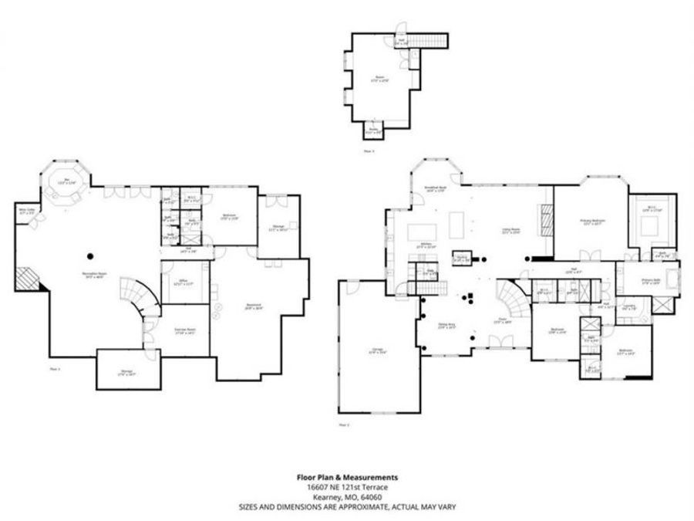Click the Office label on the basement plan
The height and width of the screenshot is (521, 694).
pos(184,281)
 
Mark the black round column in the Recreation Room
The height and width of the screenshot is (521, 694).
pos(91,255)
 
